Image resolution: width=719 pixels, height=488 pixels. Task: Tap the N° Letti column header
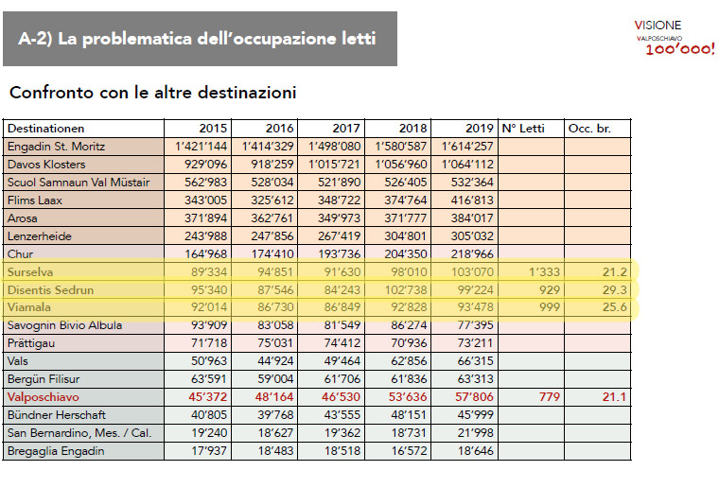pos(520,129)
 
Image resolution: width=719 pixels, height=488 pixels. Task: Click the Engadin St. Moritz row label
pos(56,147)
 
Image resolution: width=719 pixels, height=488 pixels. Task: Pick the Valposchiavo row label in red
pos(43,397)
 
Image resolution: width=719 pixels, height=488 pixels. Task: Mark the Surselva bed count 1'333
pos(541,272)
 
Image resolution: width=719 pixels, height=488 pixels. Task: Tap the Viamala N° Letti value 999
pos(545,308)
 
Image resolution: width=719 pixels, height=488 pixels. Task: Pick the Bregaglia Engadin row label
pos(54,451)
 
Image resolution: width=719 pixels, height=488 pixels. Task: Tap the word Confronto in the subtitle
pos(46,94)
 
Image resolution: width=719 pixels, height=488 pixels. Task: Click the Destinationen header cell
pos(45,129)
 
